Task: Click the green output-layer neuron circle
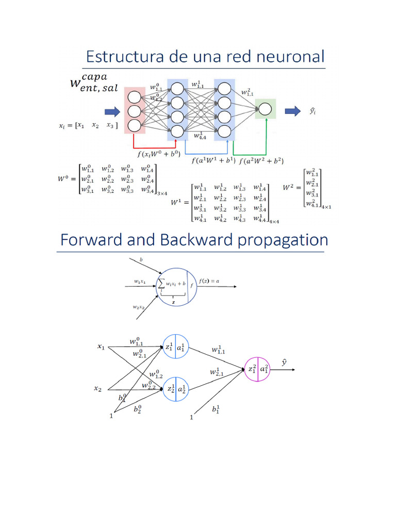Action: [x=265, y=109]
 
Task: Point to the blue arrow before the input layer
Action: [x=112, y=111]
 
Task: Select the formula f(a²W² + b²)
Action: [x=261, y=160]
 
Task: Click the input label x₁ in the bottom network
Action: [x=101, y=348]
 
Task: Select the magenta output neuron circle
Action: [x=256, y=369]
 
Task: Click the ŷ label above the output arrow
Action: [x=284, y=363]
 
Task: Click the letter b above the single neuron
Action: [x=141, y=260]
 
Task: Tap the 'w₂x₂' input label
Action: [x=139, y=307]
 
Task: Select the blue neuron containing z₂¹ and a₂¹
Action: [x=176, y=389]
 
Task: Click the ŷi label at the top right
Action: [x=312, y=110]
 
